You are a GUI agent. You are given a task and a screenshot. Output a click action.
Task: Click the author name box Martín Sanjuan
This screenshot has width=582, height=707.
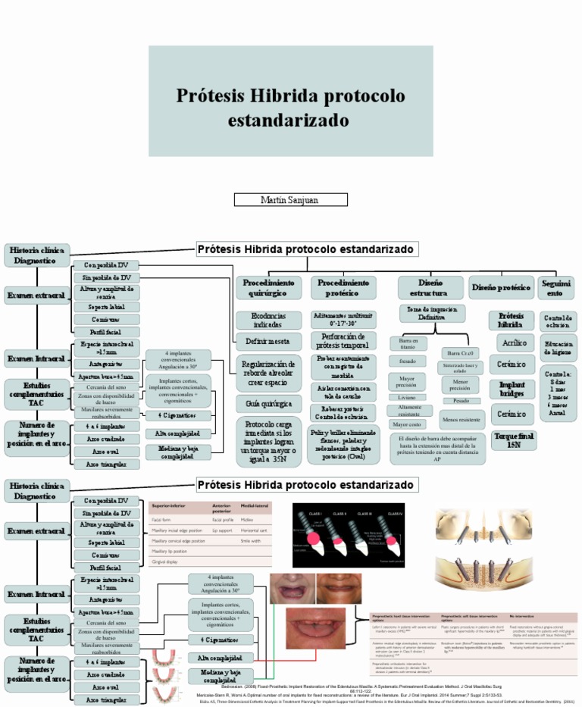pos(291,199)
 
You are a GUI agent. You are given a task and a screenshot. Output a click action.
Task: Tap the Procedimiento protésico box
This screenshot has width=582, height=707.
pos(343,287)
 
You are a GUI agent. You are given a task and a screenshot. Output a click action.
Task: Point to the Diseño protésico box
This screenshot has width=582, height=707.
pos(501,287)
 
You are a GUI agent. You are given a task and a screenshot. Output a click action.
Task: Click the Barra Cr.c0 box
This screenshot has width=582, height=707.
pos(460,353)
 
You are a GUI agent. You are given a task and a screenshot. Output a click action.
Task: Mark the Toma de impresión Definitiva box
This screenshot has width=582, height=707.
pos(432,313)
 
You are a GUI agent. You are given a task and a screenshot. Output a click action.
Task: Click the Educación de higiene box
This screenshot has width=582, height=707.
pos(559,349)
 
